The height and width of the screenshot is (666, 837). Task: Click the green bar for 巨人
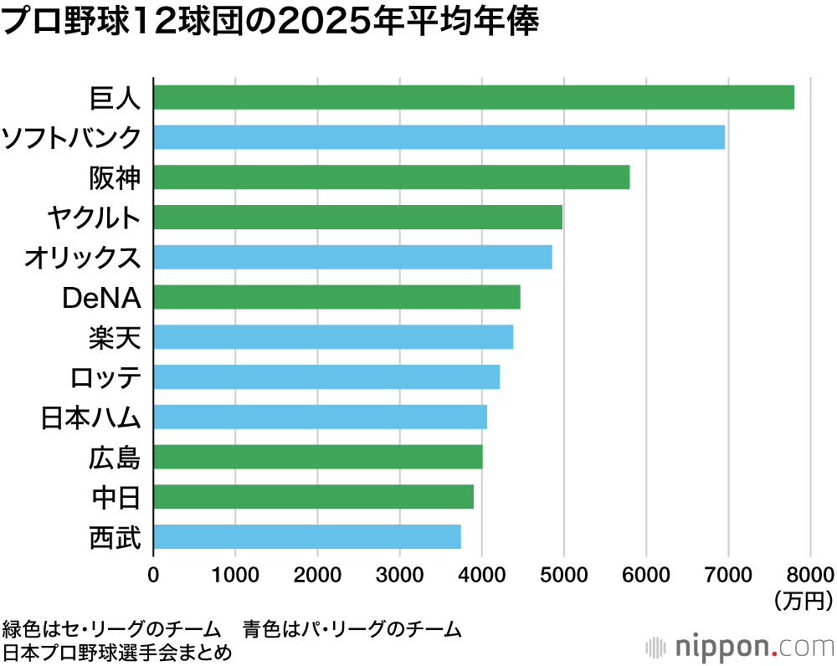click(x=474, y=97)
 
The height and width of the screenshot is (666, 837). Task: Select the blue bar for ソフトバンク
click(x=439, y=137)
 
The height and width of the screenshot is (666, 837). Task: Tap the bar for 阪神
click(x=391, y=177)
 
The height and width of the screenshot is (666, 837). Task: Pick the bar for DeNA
click(x=336, y=297)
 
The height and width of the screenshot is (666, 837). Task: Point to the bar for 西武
click(x=306, y=536)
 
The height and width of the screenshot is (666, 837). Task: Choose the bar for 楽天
click(x=333, y=337)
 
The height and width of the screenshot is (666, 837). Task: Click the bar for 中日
click(x=313, y=496)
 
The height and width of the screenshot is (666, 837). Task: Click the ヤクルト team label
click(x=93, y=218)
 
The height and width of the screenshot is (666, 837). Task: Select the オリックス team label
click(x=82, y=258)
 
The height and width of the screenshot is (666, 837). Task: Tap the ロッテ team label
click(x=105, y=377)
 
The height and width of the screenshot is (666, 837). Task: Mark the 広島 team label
click(x=115, y=458)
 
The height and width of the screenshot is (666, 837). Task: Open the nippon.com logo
click(x=741, y=646)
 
